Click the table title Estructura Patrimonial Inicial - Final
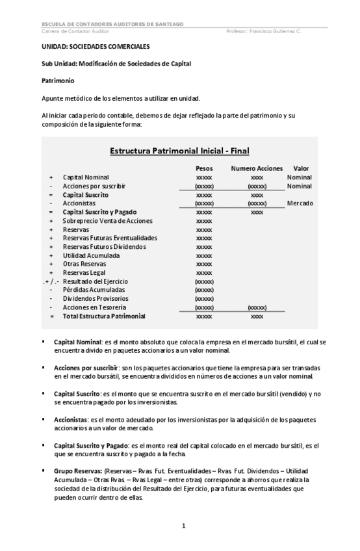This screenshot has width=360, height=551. pos(179,151)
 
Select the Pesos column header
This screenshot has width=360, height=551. pos(204,168)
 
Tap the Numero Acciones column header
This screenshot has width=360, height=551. pos(257,168)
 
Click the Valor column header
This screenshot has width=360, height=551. pos(301,168)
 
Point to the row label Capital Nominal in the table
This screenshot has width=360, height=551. pos(86,177)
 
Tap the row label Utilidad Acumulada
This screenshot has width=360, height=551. pos(91,255)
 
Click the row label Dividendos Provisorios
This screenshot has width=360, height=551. pos(95,298)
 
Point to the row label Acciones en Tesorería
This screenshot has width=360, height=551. pos(94,307)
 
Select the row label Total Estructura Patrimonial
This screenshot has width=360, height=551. pos(104,316)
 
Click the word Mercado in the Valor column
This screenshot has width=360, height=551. pos(300,203)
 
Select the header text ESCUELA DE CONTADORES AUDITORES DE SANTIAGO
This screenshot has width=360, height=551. pos(111,24)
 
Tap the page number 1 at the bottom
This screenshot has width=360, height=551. pos(184,526)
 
